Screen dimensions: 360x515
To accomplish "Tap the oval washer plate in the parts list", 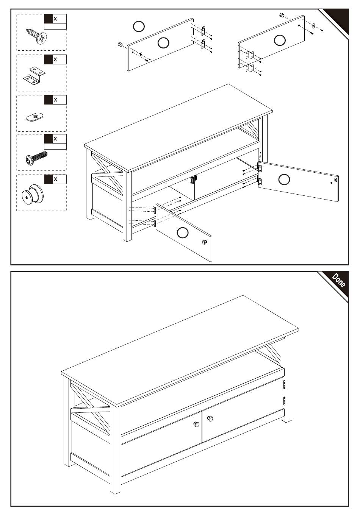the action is coord(35,117).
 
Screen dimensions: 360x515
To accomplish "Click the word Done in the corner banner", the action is coord(339,280).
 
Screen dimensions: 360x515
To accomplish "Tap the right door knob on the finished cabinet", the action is coord(210,418).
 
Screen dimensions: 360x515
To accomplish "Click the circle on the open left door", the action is coord(183,233).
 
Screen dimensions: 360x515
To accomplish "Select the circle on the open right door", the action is coord(284,179).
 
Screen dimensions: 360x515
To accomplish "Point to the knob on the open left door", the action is coord(204,242).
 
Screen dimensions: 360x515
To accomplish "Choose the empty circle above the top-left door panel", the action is coord(139,27).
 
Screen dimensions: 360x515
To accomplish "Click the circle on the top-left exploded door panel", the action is coord(164,43).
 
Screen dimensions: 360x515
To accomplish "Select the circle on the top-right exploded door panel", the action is coord(280,40).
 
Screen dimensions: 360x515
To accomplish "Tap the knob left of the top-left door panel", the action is coord(120,44).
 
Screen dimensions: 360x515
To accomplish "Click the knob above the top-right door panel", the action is coord(281,15).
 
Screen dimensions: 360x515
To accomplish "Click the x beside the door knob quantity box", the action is coord(55,179).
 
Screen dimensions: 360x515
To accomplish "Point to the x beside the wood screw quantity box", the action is coord(55,19).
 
